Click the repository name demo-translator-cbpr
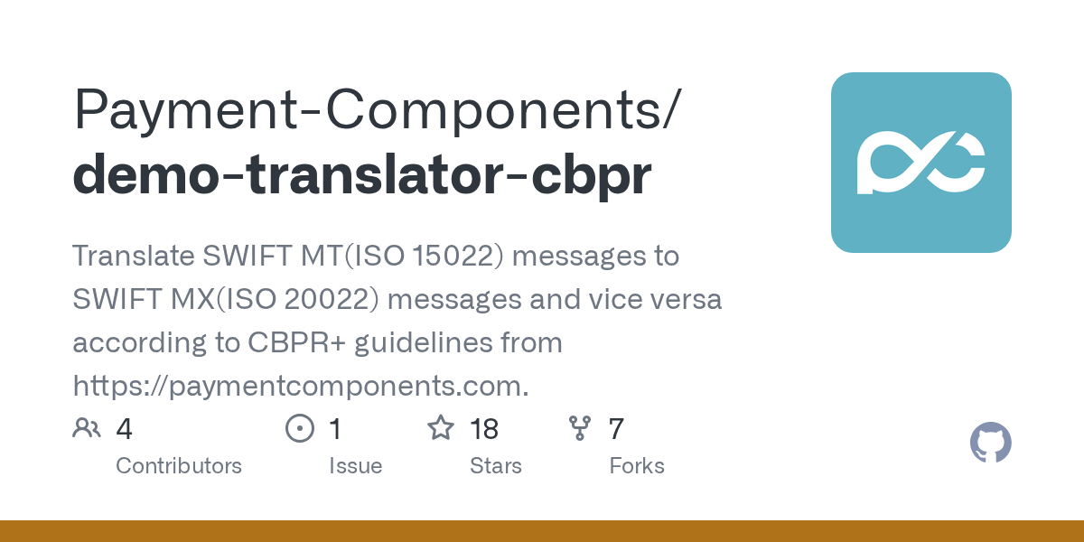tap(361, 175)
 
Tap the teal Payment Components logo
tap(920, 162)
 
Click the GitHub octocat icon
tap(990, 444)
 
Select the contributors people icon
tap(87, 428)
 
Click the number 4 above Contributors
tap(125, 429)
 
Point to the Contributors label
tap(179, 466)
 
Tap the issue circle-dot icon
tap(299, 428)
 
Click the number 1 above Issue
tap(335, 429)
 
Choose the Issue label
tap(355, 466)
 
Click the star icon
tap(441, 428)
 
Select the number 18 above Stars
tap(484, 429)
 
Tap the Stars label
tap(496, 466)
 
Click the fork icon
tap(580, 428)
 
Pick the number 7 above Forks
tap(616, 429)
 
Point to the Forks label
tap(637, 466)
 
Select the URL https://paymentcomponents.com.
tap(300, 387)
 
